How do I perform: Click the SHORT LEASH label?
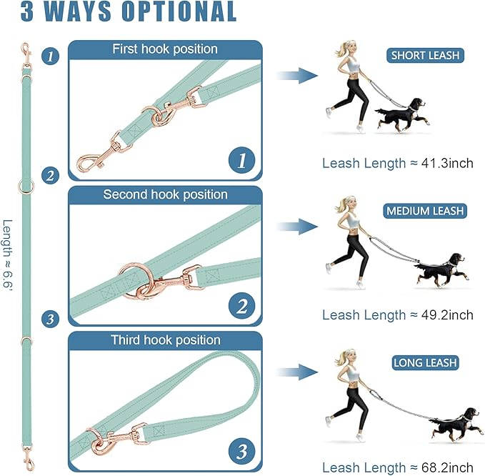425,55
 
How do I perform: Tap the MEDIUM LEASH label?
425,211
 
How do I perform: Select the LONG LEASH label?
425,363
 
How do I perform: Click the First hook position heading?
165,49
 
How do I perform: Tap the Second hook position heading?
165,194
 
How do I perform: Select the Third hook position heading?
165,339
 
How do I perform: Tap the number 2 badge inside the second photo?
242,307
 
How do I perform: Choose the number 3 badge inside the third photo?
242,452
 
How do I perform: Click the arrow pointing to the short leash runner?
297,74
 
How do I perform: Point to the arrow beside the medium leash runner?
297,227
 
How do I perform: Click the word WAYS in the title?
93,12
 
